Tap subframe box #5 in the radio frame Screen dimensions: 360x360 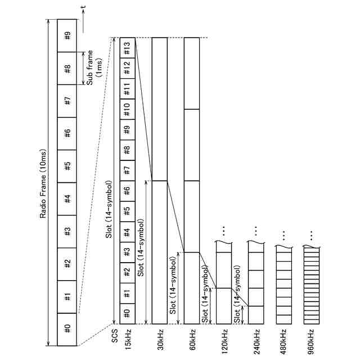(x=67, y=166)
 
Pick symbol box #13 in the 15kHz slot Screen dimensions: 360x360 (x=127, y=48)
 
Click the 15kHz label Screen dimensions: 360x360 (x=128, y=339)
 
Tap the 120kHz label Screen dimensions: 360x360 (x=223, y=340)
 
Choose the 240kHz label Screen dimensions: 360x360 (x=255, y=340)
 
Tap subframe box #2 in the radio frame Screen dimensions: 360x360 (x=67, y=263)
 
